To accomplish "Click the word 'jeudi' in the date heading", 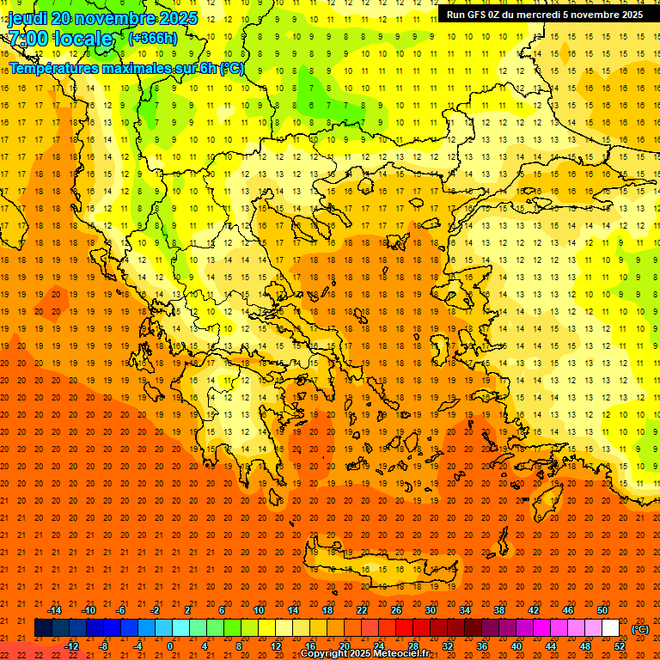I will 28,18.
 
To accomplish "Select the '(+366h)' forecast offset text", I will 153,38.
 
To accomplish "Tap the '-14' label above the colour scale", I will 54,609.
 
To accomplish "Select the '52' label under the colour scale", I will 620,645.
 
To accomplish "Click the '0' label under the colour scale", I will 170,645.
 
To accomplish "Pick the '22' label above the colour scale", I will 362,609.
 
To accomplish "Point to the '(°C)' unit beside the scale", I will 640,628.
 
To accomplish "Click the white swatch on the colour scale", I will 610,628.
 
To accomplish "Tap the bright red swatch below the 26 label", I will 404,628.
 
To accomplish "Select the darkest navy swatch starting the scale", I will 43,628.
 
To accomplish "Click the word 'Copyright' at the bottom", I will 323,654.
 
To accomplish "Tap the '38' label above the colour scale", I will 498,609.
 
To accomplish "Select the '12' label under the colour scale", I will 276,645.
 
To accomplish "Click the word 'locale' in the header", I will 82,39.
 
